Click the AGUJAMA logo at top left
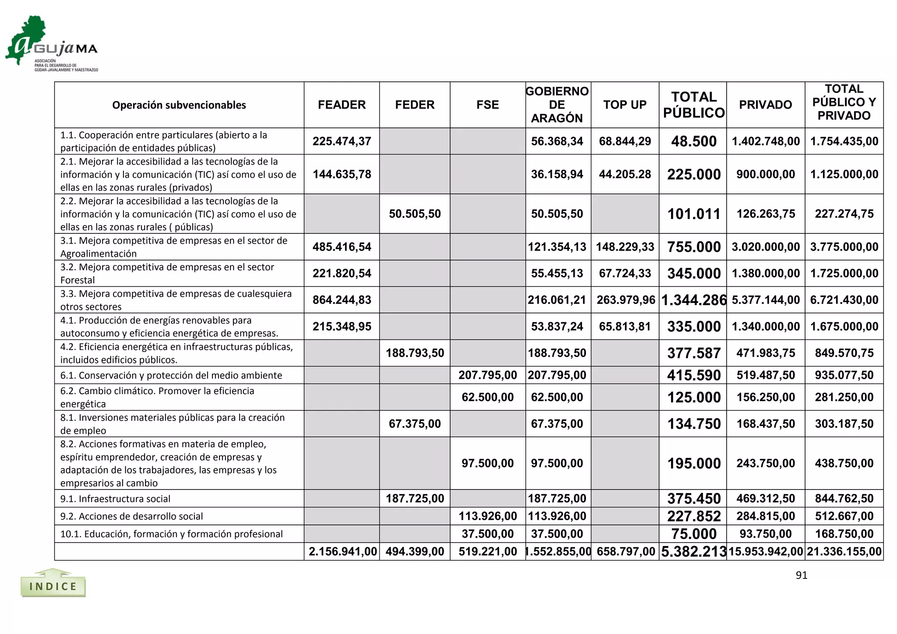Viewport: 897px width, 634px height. point(51,44)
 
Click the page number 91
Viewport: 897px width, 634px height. point(801,575)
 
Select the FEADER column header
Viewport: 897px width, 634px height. point(342,105)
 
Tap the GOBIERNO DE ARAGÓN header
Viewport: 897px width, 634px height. point(557,105)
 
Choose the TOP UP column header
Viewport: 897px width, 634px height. point(625,105)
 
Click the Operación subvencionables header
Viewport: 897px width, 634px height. point(179,105)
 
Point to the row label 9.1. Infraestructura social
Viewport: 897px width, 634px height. point(115,499)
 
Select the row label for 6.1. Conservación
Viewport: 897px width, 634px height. point(171,375)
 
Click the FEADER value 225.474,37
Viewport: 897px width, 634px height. point(342,141)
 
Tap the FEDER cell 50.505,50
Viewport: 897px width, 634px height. point(415,214)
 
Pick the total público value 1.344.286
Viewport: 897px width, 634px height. point(693,300)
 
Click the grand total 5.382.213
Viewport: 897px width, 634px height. point(693,552)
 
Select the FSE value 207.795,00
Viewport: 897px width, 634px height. point(487,375)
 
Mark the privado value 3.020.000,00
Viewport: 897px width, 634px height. point(765,247)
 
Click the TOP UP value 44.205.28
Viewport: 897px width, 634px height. point(625,174)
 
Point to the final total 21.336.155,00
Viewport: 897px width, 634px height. point(844,552)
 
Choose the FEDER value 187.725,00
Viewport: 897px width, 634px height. point(415,498)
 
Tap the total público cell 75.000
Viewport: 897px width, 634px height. point(694,534)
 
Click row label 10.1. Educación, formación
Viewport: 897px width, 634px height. point(171,534)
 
